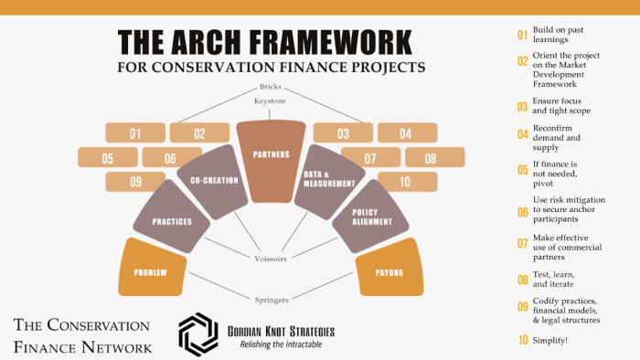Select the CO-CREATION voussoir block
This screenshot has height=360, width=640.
(214, 181)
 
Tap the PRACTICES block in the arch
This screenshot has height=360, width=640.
(172, 221)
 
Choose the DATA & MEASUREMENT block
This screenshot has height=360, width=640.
(328, 178)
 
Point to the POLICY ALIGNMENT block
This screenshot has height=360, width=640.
(371, 217)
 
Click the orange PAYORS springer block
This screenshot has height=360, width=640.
(389, 271)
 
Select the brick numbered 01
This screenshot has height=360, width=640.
(134, 134)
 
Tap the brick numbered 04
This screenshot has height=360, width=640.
(406, 134)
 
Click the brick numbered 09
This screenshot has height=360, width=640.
(135, 181)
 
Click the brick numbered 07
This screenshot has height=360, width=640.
(370, 158)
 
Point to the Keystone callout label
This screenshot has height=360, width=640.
(271, 101)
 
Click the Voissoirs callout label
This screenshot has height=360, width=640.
(271, 259)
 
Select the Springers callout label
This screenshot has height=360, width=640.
(271, 299)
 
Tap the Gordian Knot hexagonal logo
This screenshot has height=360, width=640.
(197, 334)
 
